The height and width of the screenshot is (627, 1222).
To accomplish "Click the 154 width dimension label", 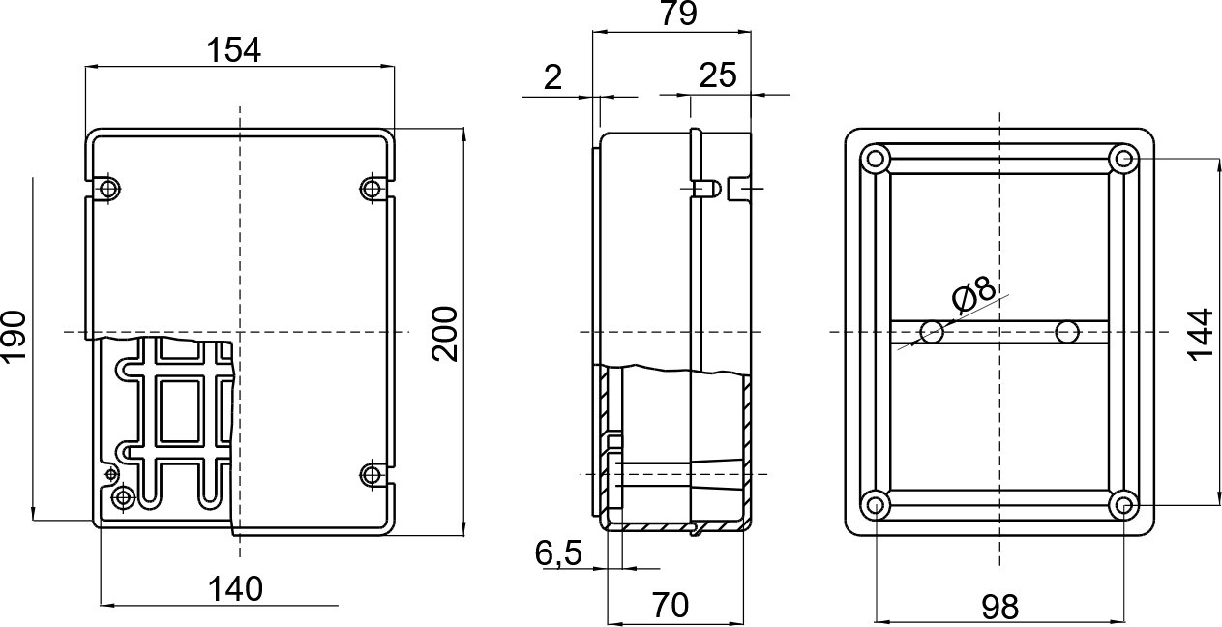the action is (233, 49).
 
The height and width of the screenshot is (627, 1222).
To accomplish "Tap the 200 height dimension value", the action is (444, 334).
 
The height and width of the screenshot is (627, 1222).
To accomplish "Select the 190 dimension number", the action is (14, 336).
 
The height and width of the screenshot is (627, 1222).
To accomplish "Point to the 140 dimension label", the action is (235, 589).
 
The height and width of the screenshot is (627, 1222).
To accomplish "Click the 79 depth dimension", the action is (678, 14).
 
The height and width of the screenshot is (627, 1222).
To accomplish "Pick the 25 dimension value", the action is (717, 75).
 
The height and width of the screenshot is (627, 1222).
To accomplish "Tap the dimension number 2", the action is (552, 77).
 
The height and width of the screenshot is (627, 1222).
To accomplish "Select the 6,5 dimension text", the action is (558, 552).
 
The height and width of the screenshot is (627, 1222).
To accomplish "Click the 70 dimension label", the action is (670, 605).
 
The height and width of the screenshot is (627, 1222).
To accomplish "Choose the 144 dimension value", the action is (1200, 335).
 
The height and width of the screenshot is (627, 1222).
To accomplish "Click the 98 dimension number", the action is (1000, 607).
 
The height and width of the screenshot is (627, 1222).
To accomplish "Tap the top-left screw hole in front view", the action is (108, 189).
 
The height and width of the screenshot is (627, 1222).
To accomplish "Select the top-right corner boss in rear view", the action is (1124, 160).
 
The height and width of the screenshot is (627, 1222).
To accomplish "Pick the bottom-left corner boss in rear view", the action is (875, 504).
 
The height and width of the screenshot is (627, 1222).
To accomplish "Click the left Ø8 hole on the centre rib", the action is (932, 332).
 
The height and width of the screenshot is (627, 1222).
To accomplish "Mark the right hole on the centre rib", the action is (1067, 332).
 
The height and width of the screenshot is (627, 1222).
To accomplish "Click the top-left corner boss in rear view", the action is (875, 160).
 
